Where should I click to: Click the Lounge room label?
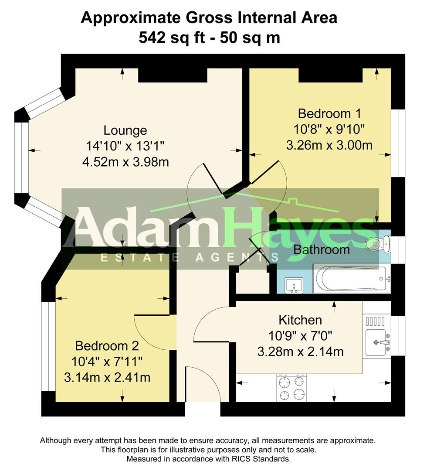pos(125,130)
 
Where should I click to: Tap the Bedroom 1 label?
pos(329,114)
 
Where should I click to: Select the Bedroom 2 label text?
pos(107,346)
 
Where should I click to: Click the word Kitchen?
pos(300,320)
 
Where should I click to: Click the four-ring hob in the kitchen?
pos(290,388)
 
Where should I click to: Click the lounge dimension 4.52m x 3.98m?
pos(125,162)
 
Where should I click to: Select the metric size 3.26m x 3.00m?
pos(329,145)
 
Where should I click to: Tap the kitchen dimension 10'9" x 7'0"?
pos(300,336)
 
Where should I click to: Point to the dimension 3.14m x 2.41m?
pos(107,377)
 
